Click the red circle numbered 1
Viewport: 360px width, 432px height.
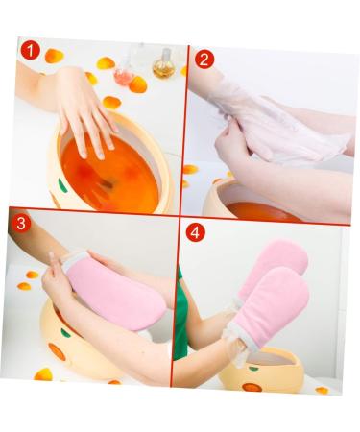[31, 51]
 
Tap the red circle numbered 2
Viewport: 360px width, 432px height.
[204, 60]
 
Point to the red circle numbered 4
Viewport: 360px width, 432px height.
[195, 232]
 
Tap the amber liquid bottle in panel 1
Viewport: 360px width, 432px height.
[164, 65]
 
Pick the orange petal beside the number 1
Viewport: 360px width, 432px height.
[55, 56]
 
